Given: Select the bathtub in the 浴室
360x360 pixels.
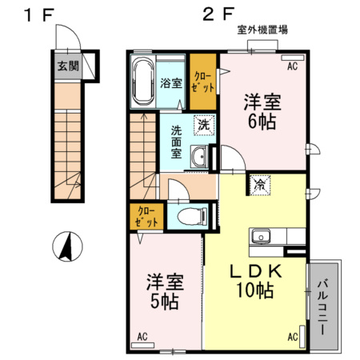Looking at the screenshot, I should click(142, 83).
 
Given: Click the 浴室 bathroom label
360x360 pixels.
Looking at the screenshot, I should click(169, 82).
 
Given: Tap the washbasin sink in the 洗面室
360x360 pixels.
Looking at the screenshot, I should click(198, 158).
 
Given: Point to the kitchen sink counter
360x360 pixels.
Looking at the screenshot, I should click(276, 238).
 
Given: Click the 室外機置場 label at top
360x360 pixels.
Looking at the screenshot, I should click(262, 30).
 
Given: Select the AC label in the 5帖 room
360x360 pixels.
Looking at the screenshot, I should click(142, 337).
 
